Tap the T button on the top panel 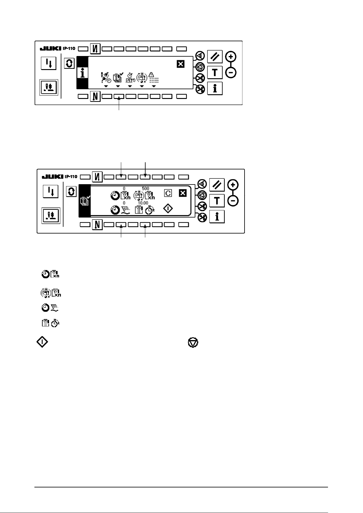215,72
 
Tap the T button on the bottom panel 217,201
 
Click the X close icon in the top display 181,64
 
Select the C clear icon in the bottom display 167,193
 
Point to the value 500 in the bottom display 146,188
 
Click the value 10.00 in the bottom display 143,203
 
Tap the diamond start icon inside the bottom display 168,209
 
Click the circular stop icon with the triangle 193,343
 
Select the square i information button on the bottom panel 217,216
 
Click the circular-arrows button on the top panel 69,64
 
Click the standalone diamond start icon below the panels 42,343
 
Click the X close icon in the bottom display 182,193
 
